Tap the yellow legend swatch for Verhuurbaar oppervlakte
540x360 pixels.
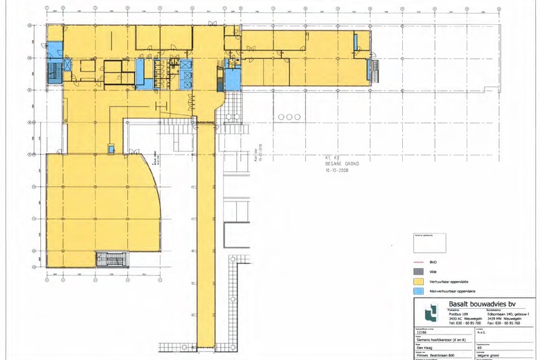click(417, 282)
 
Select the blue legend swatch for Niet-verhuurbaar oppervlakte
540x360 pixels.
click(417, 292)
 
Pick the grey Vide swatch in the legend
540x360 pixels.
click(417, 273)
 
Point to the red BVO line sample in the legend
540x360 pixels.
click(417, 263)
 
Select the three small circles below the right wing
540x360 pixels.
click(286, 118)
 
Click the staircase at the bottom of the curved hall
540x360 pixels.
click(111, 260)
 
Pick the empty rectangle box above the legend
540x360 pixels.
click(428, 243)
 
